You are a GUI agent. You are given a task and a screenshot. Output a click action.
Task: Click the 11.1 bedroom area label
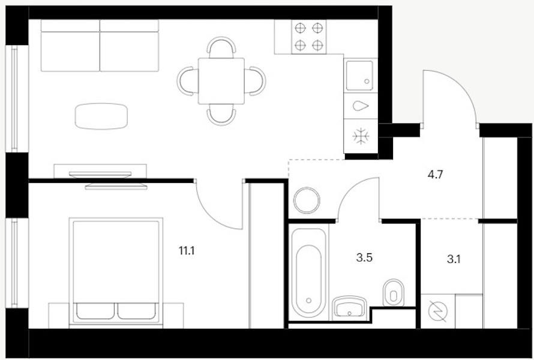pyautogui.click(x=187, y=251)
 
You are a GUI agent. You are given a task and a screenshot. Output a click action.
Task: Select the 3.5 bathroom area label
pyautogui.click(x=364, y=257)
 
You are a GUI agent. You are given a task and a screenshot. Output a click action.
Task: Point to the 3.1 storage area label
pyautogui.click(x=454, y=259)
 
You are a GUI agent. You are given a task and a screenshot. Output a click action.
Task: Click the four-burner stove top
pyautogui.click(x=308, y=37)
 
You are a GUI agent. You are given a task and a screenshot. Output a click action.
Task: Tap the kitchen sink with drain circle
pyautogui.click(x=359, y=76)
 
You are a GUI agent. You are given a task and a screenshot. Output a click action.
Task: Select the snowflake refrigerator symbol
pyautogui.click(x=361, y=136)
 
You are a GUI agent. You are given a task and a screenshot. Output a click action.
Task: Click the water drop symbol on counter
pyautogui.click(x=361, y=106)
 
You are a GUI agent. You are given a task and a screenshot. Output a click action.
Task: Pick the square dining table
pyautogui.click(x=221, y=81)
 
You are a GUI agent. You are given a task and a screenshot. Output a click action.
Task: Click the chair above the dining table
pyautogui.click(x=221, y=47)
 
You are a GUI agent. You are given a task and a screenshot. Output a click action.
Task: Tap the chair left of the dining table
pyautogui.click(x=188, y=81)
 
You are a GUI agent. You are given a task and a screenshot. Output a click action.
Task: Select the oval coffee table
pyautogui.click(x=101, y=116)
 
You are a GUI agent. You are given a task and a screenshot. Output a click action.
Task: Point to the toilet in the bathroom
pyautogui.click(x=394, y=293)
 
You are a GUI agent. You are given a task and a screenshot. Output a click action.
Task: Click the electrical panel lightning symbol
pyautogui.click(x=437, y=311)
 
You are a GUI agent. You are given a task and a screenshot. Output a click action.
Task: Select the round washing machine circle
pyautogui.click(x=307, y=200)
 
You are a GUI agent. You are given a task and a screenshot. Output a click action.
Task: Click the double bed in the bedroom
pyautogui.click(x=116, y=271)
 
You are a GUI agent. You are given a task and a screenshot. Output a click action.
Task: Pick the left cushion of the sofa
pyautogui.click(x=70, y=45)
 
